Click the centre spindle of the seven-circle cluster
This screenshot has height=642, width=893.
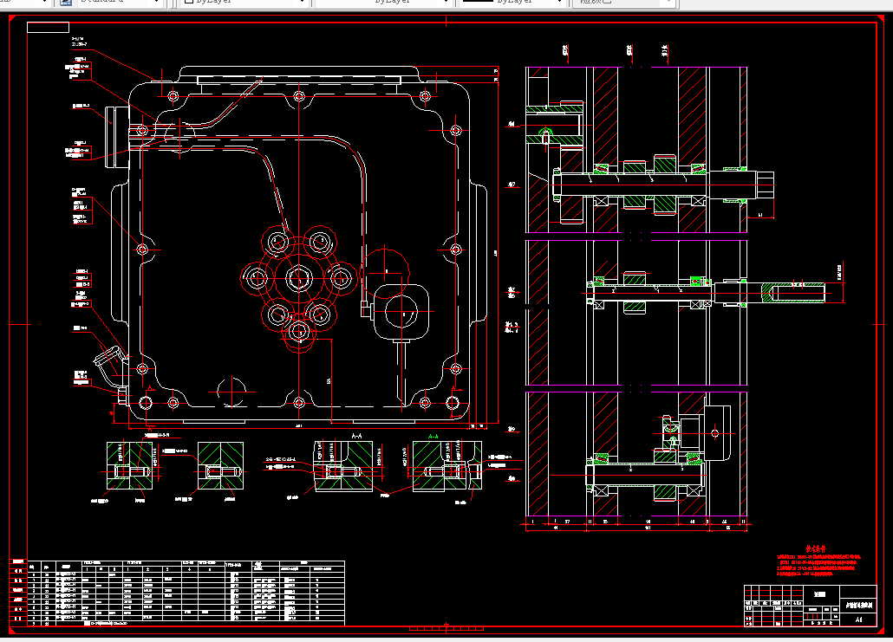[299, 279]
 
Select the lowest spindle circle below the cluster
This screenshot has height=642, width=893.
[299, 331]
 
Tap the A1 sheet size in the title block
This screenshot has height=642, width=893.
[858, 619]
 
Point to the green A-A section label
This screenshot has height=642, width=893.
[433, 435]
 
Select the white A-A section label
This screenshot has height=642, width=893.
[356, 435]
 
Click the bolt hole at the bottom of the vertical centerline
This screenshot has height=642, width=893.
[299, 403]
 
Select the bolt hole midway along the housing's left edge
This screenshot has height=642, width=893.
[143, 250]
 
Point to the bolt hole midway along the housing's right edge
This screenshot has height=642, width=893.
[455, 250]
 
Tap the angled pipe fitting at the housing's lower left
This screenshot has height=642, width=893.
[108, 360]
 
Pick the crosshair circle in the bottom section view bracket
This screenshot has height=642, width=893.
[715, 431]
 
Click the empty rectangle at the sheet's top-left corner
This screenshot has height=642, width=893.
[48, 27]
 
